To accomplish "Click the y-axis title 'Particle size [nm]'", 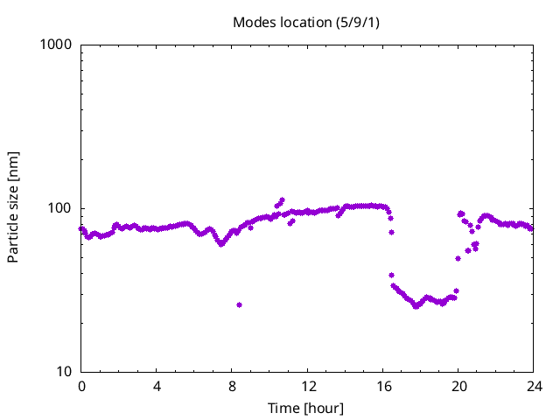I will (13, 207).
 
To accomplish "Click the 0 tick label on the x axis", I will (81, 387).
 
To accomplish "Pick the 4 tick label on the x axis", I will (157, 387).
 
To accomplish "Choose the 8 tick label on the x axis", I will (232, 387).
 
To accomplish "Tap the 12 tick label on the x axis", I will (307, 387).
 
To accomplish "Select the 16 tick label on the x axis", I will (382, 387).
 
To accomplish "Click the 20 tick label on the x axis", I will (458, 387).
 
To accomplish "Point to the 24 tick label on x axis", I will (533, 387).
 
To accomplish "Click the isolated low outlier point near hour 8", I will (239, 304).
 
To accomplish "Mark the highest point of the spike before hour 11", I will (282, 199).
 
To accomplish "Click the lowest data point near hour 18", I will (416, 306).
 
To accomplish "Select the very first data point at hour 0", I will (81, 229).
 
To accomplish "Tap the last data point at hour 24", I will (532, 228).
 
